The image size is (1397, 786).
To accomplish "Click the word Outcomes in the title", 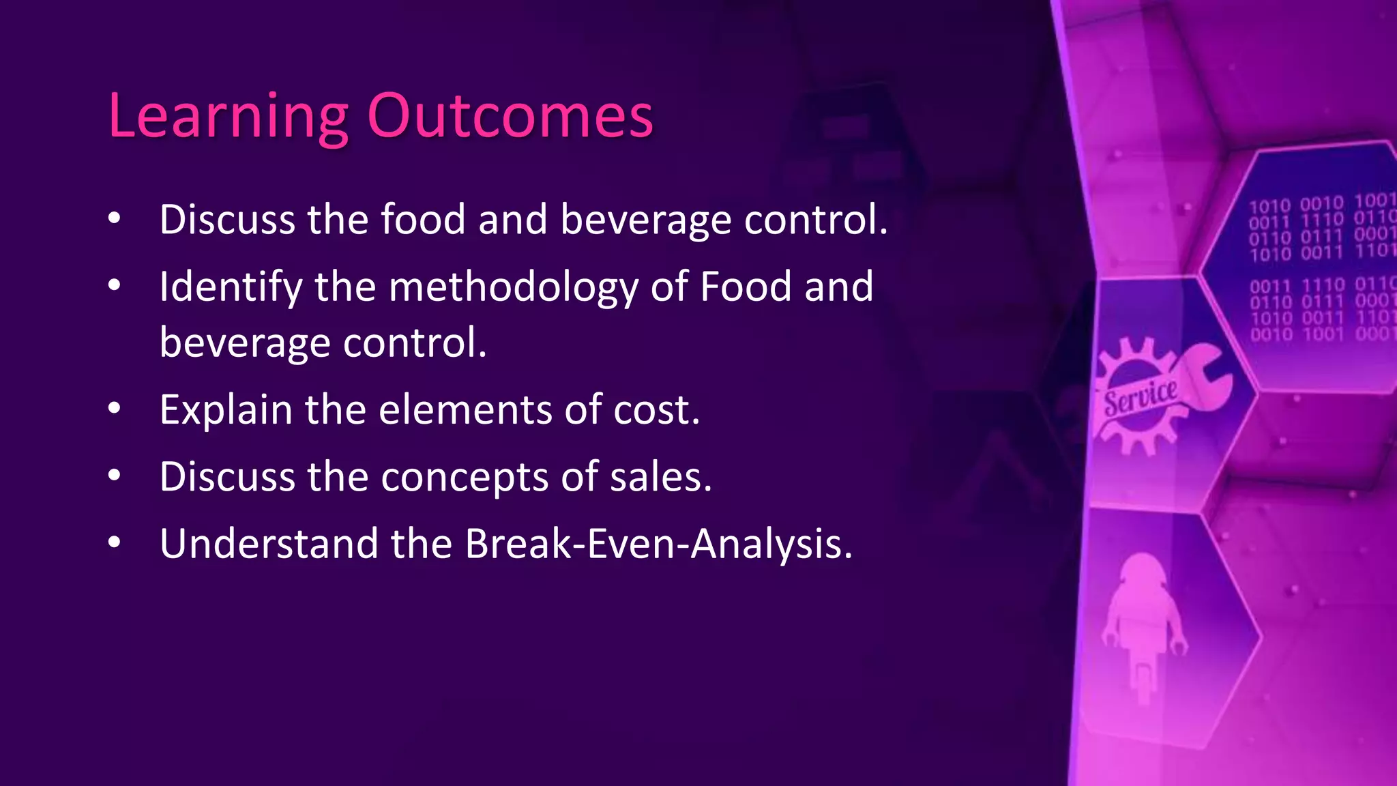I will tap(510, 116).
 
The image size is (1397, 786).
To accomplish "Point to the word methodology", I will tap(513, 287).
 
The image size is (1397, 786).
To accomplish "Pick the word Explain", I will tap(226, 410).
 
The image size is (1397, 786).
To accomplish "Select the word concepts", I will tap(465, 477).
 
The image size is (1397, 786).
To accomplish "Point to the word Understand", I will tap(269, 544).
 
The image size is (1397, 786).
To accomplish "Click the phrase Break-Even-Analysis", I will tap(658, 544).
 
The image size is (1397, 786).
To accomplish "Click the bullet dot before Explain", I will tap(115, 409).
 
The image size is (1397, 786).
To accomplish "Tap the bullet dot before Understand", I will tap(115, 542).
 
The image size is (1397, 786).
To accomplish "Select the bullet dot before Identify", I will tap(115, 285).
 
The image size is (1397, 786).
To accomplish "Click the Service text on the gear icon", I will tap(1140, 397).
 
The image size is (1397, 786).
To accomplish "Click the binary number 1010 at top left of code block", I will tap(1269, 205).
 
